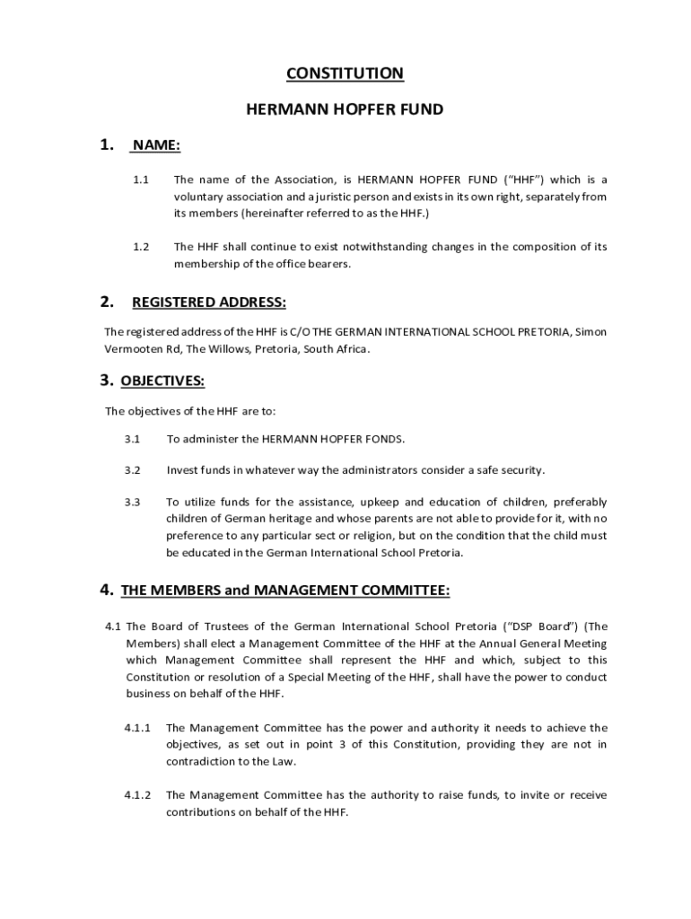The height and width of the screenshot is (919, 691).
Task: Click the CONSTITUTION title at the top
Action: coord(345,74)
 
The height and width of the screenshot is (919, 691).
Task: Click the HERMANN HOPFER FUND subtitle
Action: coord(345,110)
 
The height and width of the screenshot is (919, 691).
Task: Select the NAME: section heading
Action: coord(157,145)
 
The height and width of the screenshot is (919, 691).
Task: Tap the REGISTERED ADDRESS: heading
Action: coord(209,302)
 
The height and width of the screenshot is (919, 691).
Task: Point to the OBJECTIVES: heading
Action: coord(162,381)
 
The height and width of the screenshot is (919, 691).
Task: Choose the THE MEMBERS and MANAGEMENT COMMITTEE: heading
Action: coord(285,590)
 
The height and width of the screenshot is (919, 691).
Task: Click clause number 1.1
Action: coord(141,179)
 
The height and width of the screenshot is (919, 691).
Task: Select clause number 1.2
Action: coord(141,247)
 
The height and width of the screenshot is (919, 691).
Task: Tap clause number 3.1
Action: coord(133,439)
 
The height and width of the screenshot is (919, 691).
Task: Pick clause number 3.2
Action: coord(133,470)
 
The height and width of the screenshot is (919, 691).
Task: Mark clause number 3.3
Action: coord(133,502)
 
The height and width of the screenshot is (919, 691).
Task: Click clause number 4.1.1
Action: coord(137,728)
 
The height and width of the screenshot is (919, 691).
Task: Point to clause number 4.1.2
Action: coord(137,795)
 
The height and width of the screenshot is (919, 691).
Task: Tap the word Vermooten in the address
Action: coord(134,348)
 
